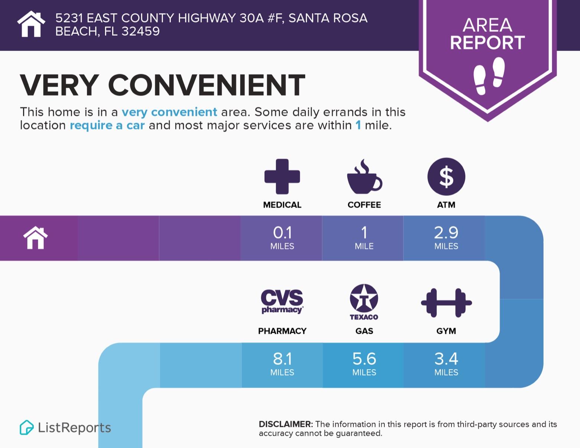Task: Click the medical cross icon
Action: click(282, 176)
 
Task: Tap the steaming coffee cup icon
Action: click(364, 177)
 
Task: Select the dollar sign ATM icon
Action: click(446, 177)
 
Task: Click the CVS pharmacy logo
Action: click(282, 301)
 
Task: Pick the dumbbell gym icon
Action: click(446, 303)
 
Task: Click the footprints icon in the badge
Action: click(489, 75)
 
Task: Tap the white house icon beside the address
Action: click(31, 24)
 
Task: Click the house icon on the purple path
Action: click(36, 238)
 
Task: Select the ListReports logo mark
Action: click(26, 428)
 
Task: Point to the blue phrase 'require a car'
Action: click(107, 126)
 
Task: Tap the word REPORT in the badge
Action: click(487, 43)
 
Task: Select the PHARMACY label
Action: click(282, 331)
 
